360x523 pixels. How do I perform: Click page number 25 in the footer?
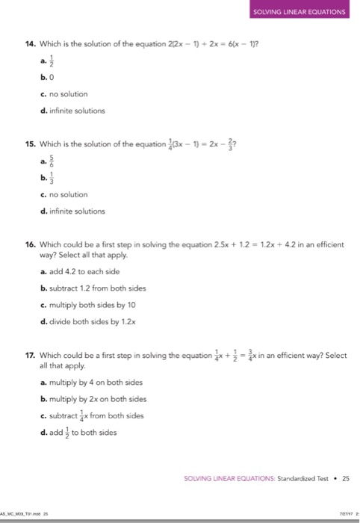pyautogui.click(x=345, y=476)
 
